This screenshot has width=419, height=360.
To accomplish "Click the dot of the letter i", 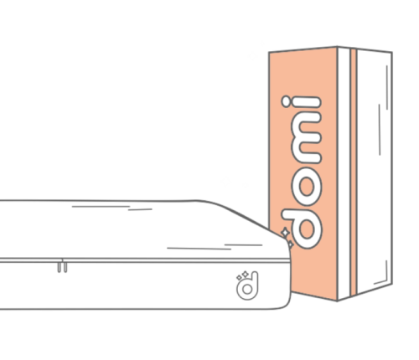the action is click(x=286, y=101).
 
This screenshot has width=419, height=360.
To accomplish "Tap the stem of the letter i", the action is click(x=307, y=102).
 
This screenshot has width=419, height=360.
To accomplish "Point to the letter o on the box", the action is click(x=307, y=187).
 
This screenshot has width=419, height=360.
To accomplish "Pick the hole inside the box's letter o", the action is click(x=307, y=187).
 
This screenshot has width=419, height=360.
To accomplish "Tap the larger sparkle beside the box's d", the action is click(x=285, y=232).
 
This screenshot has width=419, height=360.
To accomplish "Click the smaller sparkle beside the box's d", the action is click(x=291, y=244).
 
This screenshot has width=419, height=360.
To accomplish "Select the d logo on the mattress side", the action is click(x=247, y=285).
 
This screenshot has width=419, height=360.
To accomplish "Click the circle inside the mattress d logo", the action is click(x=247, y=289).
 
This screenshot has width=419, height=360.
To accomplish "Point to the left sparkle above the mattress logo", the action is click(x=239, y=278).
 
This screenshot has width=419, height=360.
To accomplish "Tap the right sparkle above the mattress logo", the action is click(x=246, y=275).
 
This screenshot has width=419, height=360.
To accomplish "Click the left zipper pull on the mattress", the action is click(x=59, y=267).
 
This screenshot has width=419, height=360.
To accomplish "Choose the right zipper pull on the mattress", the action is click(x=65, y=267).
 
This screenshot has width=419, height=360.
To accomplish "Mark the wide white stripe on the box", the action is click(x=344, y=173).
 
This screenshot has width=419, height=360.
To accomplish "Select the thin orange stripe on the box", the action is click(x=354, y=172).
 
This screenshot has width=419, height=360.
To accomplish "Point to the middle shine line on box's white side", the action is click(x=380, y=130).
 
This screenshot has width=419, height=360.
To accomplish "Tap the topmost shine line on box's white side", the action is click(x=387, y=87).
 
